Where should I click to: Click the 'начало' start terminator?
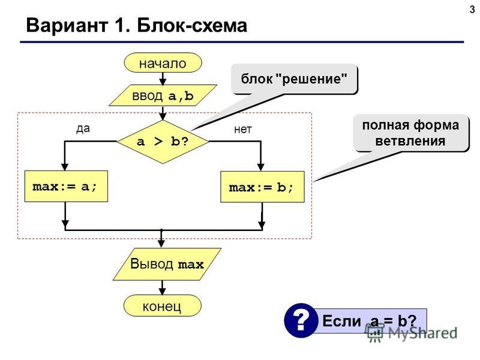pos(163,63)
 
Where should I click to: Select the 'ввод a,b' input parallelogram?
pos(163,95)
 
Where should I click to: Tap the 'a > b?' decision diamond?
pos(163,142)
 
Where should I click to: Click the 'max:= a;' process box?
pos(66,186)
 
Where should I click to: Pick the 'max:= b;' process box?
pos(262,187)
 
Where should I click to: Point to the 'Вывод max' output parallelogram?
pos(167,264)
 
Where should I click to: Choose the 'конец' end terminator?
pos(162,305)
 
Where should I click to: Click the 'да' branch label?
pos(83,128)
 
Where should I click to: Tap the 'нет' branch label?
pos(243,130)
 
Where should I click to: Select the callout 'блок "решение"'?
pos(294,79)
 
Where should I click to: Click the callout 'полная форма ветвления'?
pos(411,133)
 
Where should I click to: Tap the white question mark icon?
pos(301,320)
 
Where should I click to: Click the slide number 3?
pos(472,9)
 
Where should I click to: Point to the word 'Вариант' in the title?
pos(67,25)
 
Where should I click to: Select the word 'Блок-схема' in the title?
pos(192,25)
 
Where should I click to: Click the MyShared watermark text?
pos(423,333)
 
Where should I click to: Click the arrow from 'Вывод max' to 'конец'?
pos(162,287)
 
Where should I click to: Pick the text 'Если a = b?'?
pos(370,321)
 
